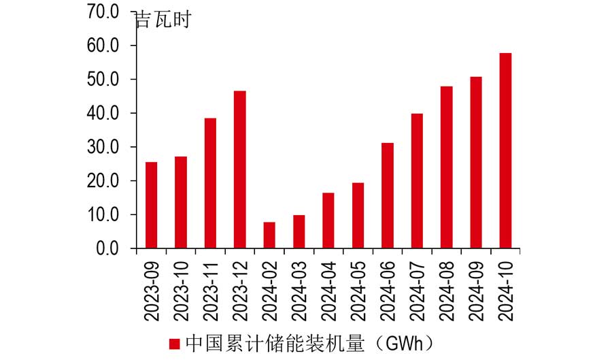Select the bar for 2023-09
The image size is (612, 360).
(151, 206)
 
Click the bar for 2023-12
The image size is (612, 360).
(240, 170)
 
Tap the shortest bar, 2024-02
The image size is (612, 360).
(269, 235)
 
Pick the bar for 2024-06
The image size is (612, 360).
(388, 196)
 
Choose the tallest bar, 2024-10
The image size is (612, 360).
(505, 151)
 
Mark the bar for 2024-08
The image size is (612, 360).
(447, 167)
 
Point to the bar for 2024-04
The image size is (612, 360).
(328, 220)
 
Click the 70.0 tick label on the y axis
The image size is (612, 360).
(103, 12)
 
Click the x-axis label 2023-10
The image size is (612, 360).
(181, 290)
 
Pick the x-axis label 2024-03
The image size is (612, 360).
(299, 290)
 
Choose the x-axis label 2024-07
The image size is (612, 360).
(417, 290)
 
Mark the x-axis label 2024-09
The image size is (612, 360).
(476, 290)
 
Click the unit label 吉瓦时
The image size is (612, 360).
(163, 19)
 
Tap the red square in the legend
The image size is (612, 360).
(175, 343)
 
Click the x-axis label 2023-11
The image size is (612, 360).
(211, 290)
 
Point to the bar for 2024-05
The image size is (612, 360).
(358, 216)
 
